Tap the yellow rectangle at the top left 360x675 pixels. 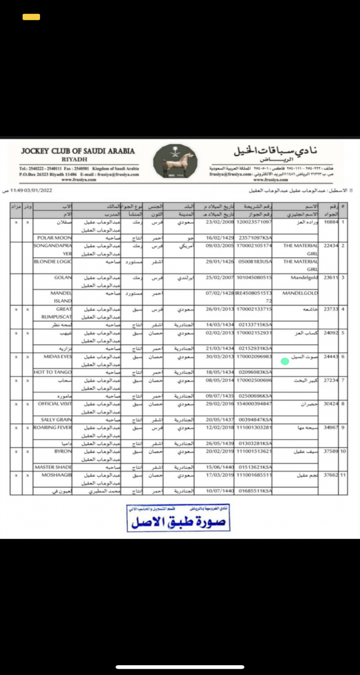(x=31, y=17)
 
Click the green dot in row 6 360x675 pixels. (x=284, y=361)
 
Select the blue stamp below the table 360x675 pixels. (x=179, y=517)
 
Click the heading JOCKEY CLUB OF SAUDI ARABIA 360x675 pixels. (x=78, y=151)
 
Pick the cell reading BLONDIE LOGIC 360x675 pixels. (x=53, y=261)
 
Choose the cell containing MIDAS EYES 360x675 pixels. (x=58, y=356)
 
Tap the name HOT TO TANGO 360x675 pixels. (x=53, y=372)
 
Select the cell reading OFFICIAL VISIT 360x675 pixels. (x=55, y=404)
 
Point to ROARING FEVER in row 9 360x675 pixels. (x=53, y=427)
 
